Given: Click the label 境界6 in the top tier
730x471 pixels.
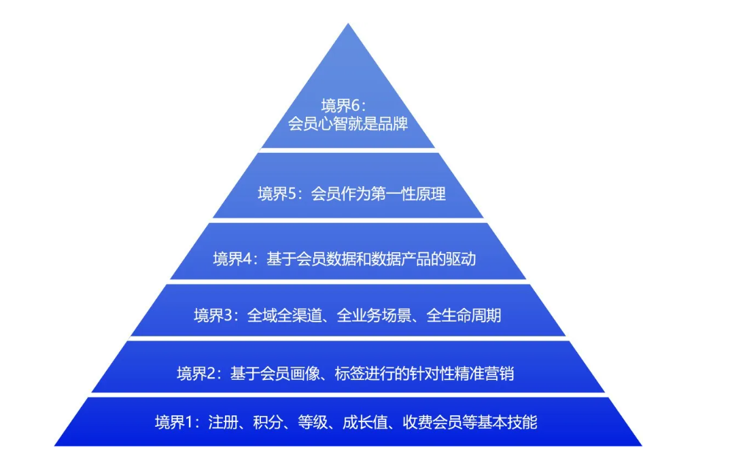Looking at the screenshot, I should point(341,105).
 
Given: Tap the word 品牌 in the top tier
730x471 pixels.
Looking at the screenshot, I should point(393,124).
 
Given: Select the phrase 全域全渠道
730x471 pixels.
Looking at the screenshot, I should point(284,315).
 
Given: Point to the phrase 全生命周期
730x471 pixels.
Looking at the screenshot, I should point(464,315).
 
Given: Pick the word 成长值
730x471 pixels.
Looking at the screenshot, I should point(365,422).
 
